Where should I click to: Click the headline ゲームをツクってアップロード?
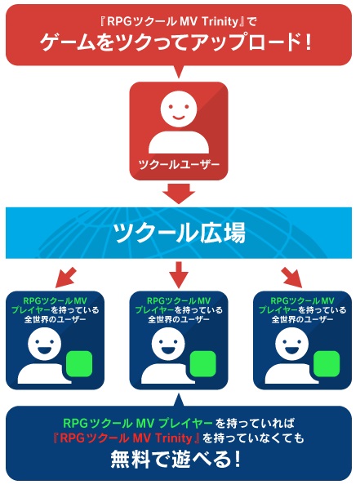(176, 42)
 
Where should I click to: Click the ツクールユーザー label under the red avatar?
(179, 164)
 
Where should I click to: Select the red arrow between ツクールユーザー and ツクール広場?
(179, 193)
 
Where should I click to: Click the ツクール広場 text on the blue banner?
(179, 233)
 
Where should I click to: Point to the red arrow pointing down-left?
(66, 278)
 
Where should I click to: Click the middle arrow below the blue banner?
(179, 275)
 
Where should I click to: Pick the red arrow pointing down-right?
(291, 278)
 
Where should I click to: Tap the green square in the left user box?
(79, 364)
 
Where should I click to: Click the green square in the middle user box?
(202, 364)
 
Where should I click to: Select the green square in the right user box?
(327, 364)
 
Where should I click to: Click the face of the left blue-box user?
(44, 345)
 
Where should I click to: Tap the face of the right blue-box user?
(291, 345)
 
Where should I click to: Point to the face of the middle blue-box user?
(168, 345)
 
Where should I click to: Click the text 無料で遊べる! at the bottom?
(176, 459)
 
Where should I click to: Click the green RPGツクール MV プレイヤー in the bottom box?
(138, 423)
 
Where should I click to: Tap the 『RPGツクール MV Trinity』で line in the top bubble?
(179, 21)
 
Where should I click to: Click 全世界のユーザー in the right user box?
(302, 319)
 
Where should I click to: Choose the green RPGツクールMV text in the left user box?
(55, 301)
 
